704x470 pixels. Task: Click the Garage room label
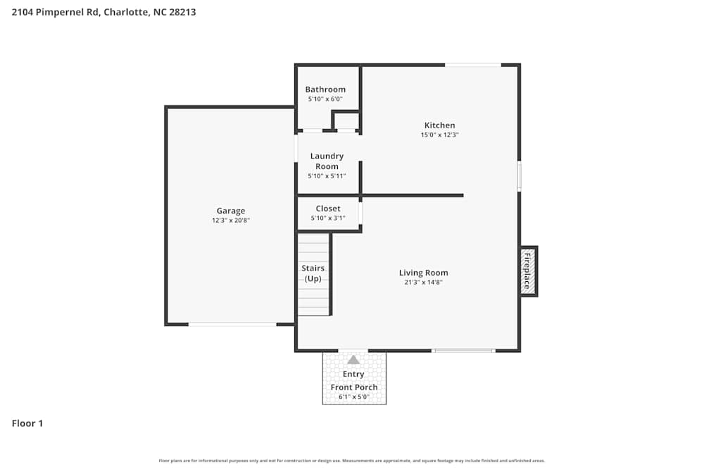click(x=231, y=211)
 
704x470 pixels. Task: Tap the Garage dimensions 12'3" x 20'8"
click(x=231, y=221)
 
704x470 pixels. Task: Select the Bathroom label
click(x=325, y=89)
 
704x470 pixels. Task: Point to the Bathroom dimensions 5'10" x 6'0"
click(x=325, y=99)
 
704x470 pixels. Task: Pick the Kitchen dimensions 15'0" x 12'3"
click(x=439, y=135)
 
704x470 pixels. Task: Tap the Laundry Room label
click(x=327, y=161)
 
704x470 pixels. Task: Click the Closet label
click(x=328, y=209)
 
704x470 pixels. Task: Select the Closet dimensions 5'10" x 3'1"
click(x=328, y=218)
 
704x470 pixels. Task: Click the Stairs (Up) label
click(x=313, y=273)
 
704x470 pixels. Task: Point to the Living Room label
click(x=423, y=273)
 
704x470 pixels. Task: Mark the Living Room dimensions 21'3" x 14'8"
click(x=423, y=283)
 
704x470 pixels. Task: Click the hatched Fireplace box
click(x=528, y=271)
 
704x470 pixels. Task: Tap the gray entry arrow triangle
click(x=353, y=360)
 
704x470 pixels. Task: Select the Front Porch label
click(x=354, y=387)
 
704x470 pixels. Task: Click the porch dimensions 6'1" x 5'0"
click(x=354, y=397)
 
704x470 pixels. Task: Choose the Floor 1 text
click(x=27, y=423)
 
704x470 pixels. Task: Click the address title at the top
click(x=103, y=12)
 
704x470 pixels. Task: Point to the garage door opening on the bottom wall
click(x=232, y=324)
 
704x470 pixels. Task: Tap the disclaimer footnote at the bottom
click(x=352, y=461)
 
